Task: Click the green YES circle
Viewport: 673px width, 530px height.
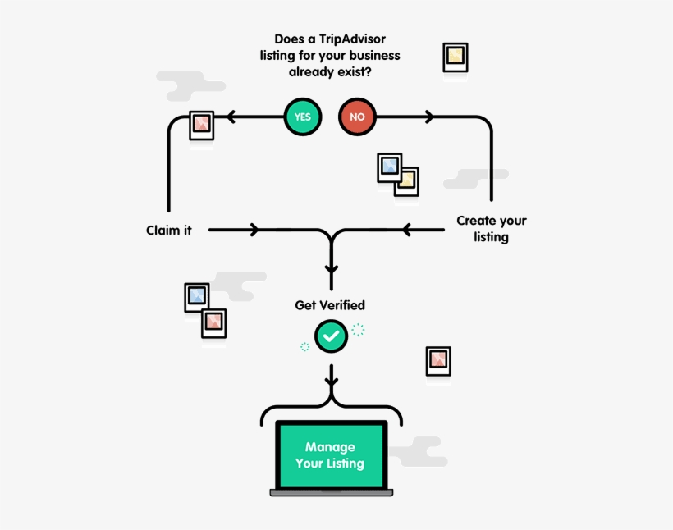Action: click(303, 117)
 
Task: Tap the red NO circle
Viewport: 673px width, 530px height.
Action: click(357, 117)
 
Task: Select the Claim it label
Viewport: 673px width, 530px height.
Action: click(169, 231)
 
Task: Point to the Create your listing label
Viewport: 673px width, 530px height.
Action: click(492, 229)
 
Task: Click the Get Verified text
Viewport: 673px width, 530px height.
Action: click(330, 305)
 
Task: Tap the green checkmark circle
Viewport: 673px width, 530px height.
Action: click(332, 336)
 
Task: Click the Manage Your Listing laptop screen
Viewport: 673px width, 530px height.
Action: click(331, 455)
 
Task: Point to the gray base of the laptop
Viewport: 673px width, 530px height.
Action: click(332, 492)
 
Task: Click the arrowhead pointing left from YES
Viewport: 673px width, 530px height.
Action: click(231, 117)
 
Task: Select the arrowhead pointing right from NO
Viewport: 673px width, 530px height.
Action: click(428, 117)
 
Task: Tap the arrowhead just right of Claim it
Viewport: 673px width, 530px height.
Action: click(254, 230)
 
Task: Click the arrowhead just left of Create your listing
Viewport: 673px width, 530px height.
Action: click(407, 230)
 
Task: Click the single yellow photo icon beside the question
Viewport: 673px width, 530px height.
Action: click(455, 57)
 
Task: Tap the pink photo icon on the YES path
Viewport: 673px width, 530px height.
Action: click(201, 126)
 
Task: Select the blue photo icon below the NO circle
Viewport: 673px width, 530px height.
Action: click(389, 167)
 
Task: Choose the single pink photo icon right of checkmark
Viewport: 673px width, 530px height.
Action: click(438, 361)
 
